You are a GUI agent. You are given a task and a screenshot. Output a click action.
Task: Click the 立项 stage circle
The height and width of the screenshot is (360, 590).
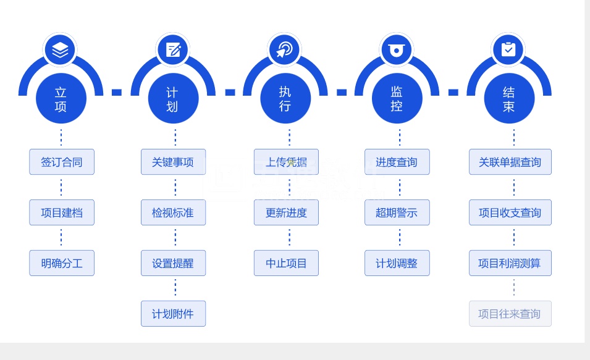(61, 99)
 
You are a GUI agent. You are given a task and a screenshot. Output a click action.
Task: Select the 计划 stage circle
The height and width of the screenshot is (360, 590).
(173, 99)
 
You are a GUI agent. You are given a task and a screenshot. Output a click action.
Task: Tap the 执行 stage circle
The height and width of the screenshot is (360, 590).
(285, 99)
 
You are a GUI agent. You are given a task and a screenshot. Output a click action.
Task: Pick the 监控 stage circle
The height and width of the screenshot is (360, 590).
(397, 99)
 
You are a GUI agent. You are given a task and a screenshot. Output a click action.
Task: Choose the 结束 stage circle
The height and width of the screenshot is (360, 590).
(508, 99)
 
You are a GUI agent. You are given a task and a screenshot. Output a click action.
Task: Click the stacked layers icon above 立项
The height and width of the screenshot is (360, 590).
(61, 49)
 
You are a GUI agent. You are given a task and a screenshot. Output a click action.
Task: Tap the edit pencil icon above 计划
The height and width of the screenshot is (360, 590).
(173, 49)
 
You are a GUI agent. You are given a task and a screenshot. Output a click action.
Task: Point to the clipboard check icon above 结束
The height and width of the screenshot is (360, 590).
(508, 49)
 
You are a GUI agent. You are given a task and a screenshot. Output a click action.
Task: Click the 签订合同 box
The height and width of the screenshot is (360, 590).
(62, 162)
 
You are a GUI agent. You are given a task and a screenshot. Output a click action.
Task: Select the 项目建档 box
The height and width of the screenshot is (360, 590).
(62, 213)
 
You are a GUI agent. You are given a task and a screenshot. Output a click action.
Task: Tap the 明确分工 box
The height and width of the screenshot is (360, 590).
(62, 264)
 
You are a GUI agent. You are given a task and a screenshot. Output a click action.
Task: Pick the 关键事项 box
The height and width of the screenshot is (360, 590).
(173, 162)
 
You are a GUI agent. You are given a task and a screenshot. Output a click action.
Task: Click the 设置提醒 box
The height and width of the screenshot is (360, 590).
(173, 264)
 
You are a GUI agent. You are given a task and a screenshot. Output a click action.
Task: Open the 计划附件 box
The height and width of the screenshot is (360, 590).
(173, 314)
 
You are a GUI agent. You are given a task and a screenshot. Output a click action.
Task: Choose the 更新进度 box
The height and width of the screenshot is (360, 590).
(286, 213)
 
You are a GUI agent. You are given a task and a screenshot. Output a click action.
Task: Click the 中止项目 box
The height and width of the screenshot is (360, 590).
(286, 264)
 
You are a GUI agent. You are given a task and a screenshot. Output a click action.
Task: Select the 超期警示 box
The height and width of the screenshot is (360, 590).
(397, 213)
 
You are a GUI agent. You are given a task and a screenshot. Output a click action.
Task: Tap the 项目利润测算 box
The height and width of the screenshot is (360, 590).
(510, 264)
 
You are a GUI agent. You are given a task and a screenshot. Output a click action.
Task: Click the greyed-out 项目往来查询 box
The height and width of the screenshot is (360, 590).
(510, 314)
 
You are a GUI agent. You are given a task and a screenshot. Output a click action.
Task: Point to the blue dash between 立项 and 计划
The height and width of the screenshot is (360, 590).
(117, 93)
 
